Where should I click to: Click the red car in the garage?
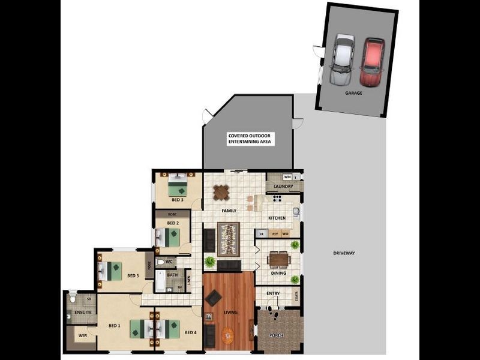[x=372, y=62]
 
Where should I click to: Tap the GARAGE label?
[x=353, y=94]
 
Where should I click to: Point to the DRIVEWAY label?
[x=344, y=253]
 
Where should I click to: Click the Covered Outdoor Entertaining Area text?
[x=250, y=139]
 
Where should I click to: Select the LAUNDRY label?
[x=283, y=187]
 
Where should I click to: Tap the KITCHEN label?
[x=277, y=218]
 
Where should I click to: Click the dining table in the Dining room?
[x=278, y=259]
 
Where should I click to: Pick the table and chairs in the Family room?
[x=221, y=192]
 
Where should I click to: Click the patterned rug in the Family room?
[x=229, y=238]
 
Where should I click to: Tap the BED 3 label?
[x=177, y=199]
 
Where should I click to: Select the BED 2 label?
[x=173, y=223]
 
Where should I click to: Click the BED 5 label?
[x=133, y=276]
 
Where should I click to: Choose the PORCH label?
[x=276, y=335]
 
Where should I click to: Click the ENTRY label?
[x=273, y=293]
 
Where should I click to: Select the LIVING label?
[x=230, y=313]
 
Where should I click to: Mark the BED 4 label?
[x=191, y=332]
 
